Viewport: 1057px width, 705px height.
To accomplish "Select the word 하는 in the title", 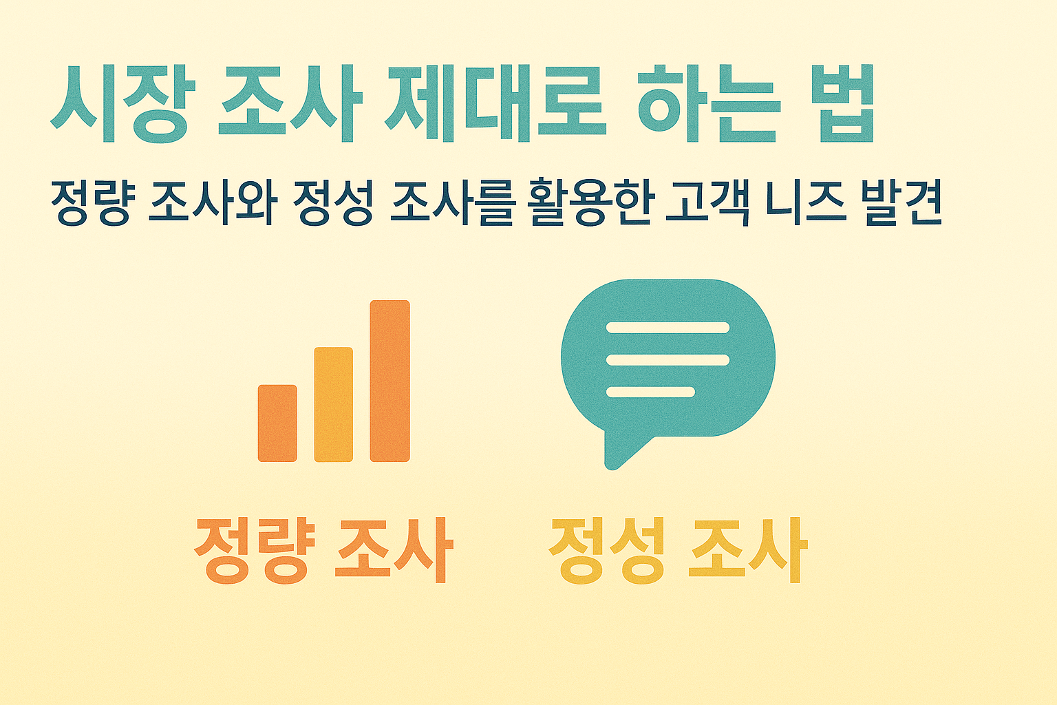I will pyautogui.click(x=709, y=103).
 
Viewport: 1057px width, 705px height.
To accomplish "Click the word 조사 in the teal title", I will pyautogui.click(x=290, y=103).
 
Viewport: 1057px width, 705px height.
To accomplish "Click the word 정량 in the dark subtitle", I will pyautogui.click(x=90, y=203).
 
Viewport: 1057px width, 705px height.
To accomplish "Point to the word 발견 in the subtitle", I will pyautogui.click(x=901, y=203).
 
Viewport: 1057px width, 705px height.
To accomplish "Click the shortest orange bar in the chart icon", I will pyautogui.click(x=277, y=423).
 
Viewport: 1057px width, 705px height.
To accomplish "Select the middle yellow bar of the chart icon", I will pyautogui.click(x=334, y=404).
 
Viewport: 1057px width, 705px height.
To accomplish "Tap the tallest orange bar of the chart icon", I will pyautogui.click(x=389, y=381).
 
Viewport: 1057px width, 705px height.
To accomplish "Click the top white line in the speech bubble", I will pyautogui.click(x=667, y=328).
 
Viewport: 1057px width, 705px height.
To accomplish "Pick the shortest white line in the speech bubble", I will pyautogui.click(x=650, y=392).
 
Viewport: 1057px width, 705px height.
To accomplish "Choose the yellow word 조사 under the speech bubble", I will pyautogui.click(x=747, y=551).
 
